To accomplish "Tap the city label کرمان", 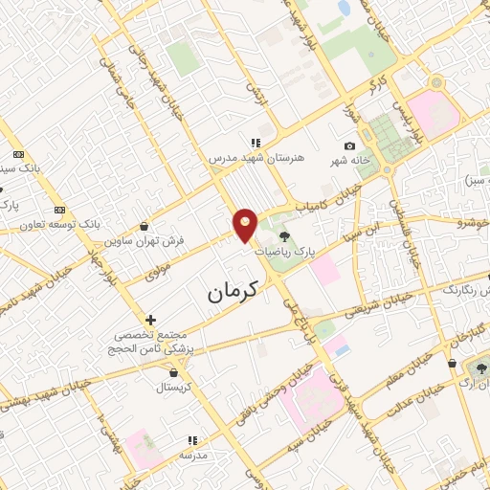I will [234, 289].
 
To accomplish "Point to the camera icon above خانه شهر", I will [349, 145].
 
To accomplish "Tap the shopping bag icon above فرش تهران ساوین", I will [144, 227].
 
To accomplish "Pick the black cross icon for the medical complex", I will [150, 320].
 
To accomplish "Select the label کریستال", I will [174, 389].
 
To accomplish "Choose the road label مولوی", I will [158, 270].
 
